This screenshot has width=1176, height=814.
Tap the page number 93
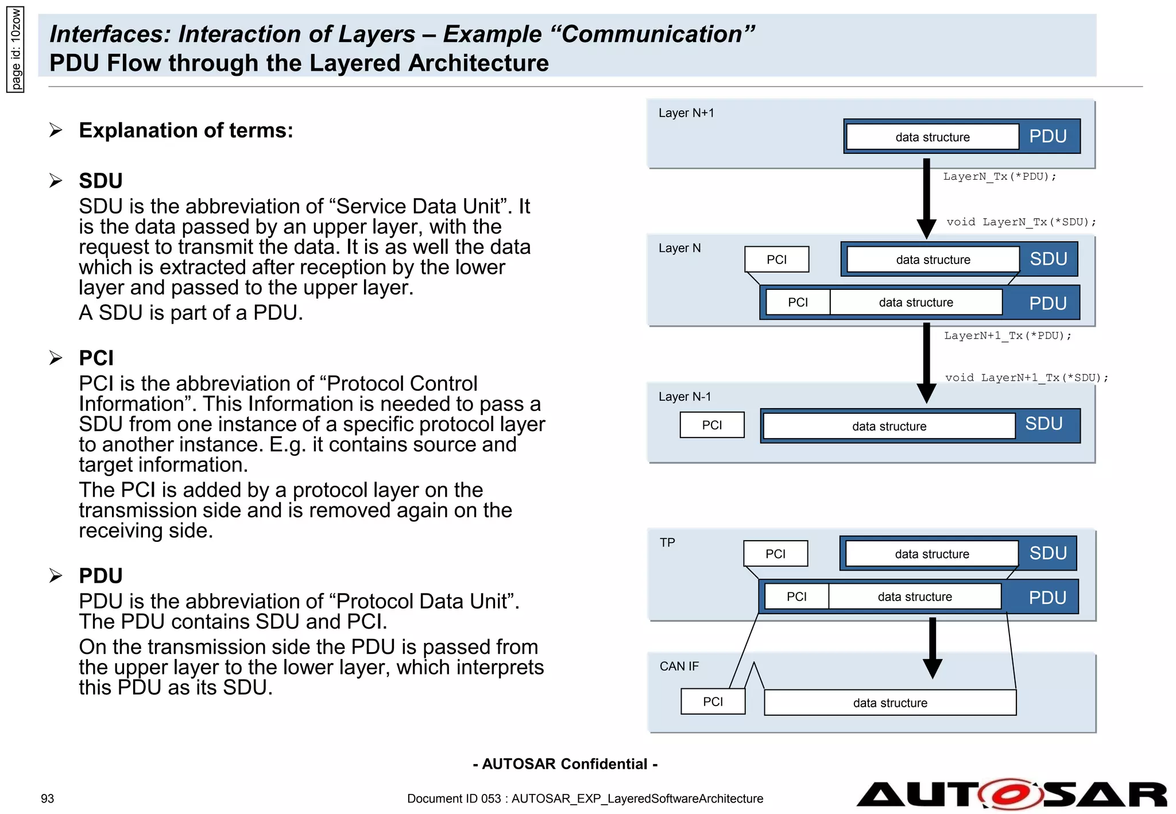(47, 799)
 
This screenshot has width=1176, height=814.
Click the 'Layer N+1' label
(686, 113)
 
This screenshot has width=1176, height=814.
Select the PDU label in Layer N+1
(1047, 137)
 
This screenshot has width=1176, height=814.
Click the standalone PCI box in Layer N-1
(712, 425)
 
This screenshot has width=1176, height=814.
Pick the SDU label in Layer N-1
(1043, 424)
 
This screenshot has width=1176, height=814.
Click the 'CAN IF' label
(679, 666)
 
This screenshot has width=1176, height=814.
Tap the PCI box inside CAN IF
(713, 701)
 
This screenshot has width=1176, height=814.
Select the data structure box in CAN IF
(889, 703)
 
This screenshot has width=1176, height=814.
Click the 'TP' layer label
(667, 542)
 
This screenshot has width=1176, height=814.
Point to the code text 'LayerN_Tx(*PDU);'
(999, 177)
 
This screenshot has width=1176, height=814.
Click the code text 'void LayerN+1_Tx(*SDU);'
(1026, 378)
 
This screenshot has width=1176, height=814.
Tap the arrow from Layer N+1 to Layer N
(926, 198)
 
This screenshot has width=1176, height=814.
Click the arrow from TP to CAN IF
(932, 648)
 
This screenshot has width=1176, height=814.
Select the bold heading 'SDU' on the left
(100, 181)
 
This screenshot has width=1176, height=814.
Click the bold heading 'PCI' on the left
(96, 358)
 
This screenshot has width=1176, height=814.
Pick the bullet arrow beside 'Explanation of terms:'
(56, 130)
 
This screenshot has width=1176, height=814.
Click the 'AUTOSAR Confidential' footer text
(565, 764)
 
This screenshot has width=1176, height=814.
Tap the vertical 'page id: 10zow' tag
(16, 49)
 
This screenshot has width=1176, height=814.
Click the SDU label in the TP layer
(1047, 553)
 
